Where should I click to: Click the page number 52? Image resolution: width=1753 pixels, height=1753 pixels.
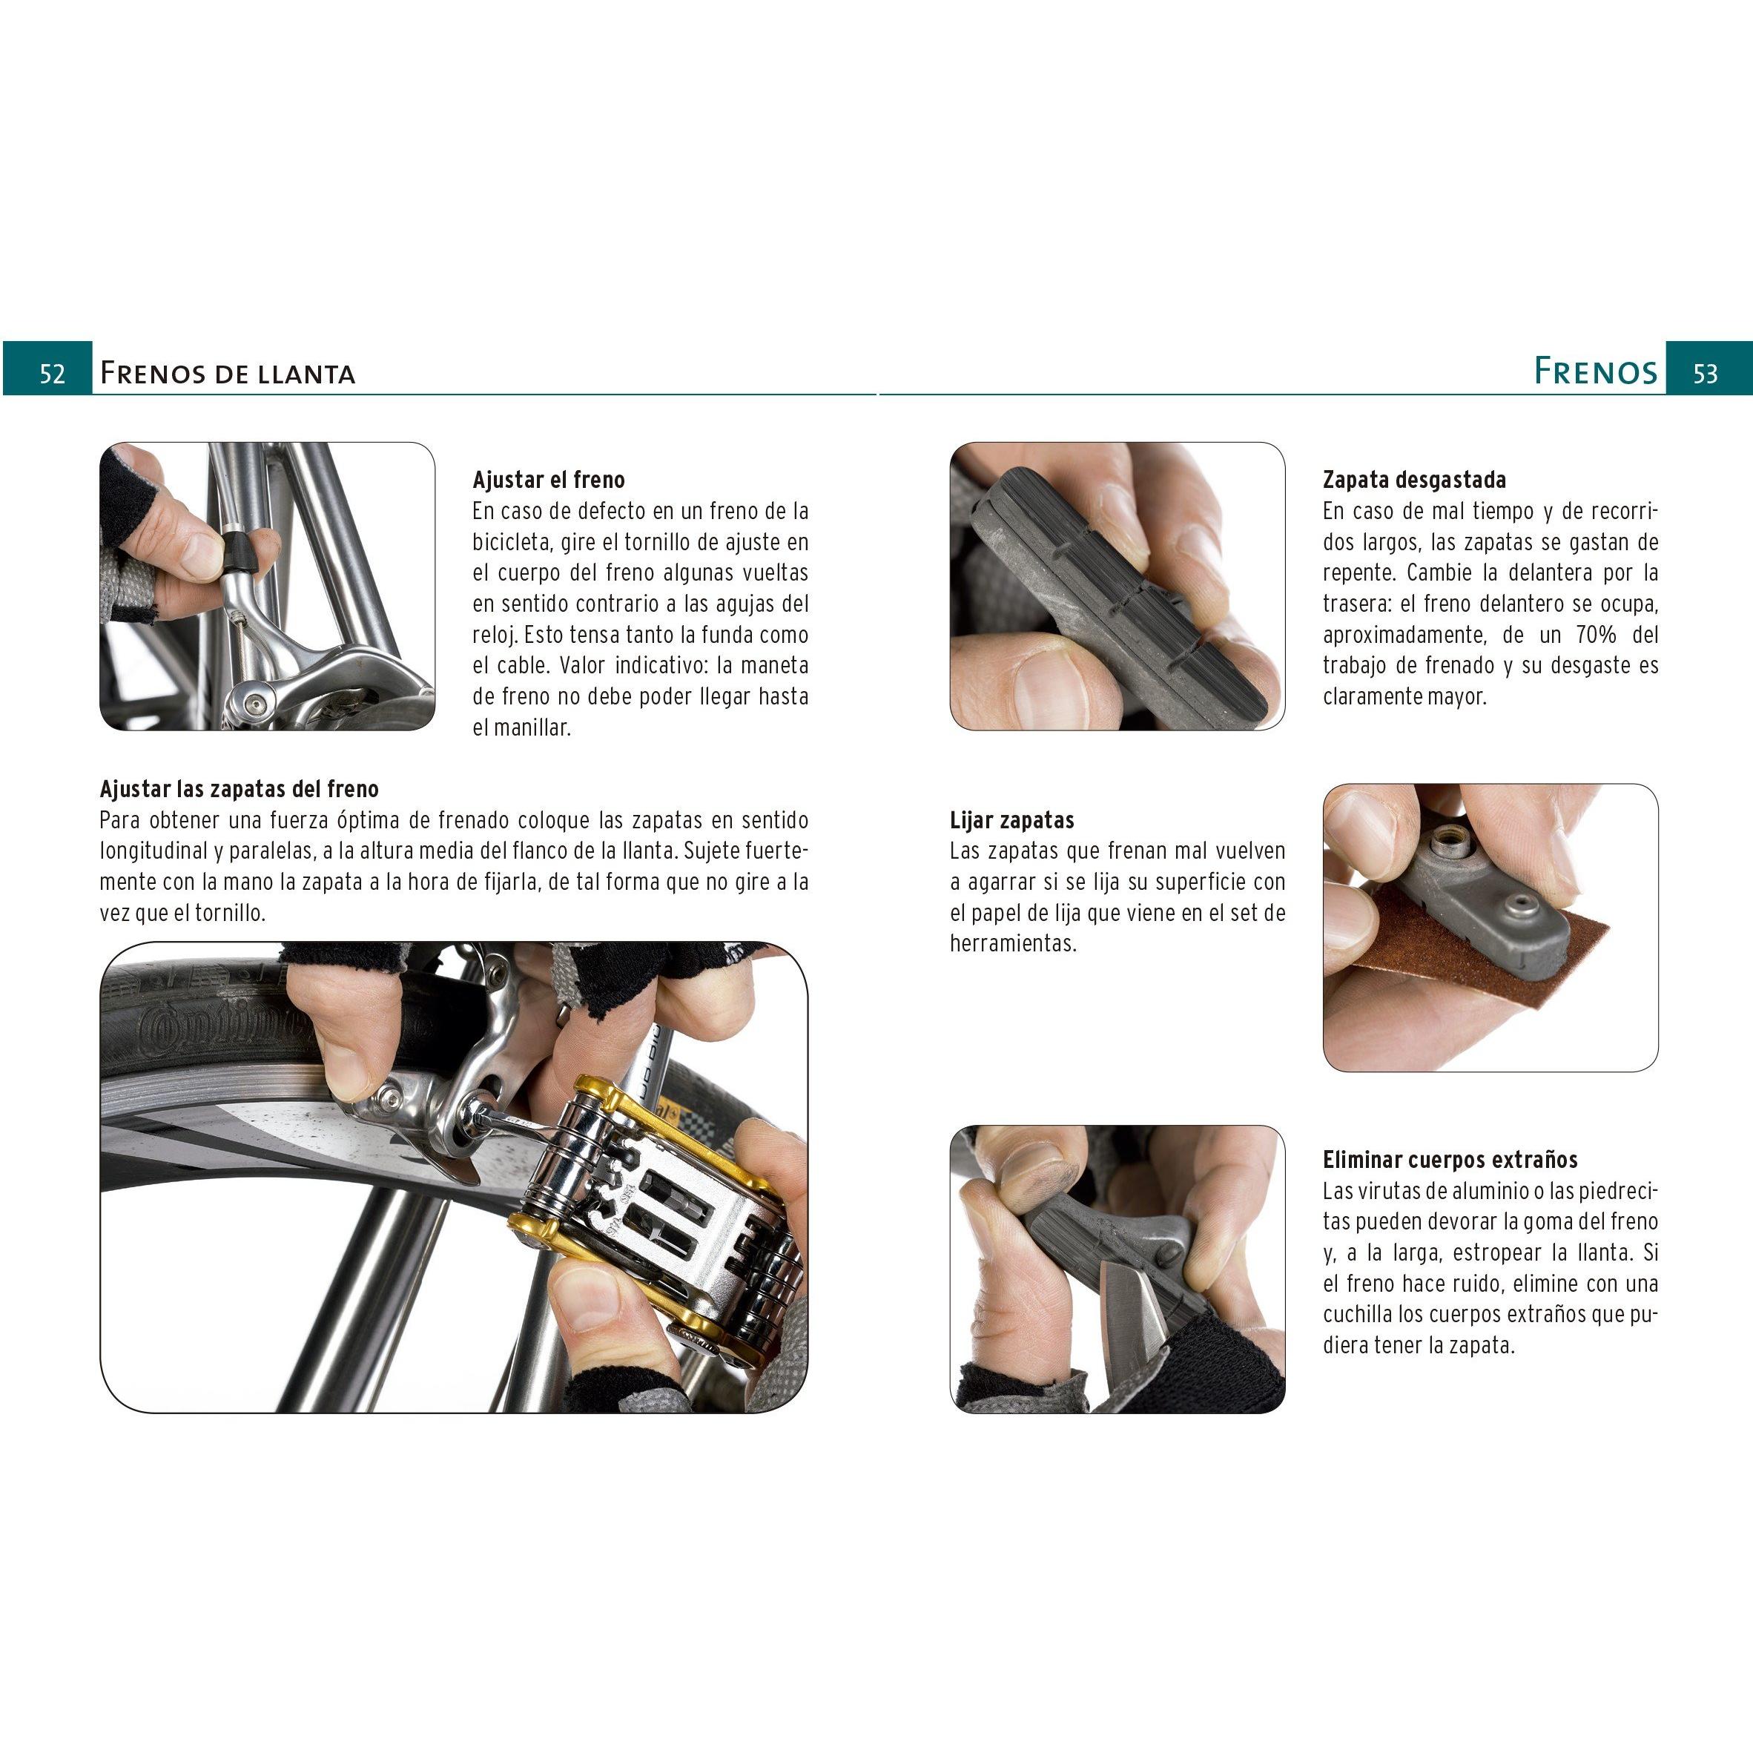pos(52,374)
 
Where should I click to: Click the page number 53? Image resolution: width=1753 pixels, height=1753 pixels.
pos(1705,374)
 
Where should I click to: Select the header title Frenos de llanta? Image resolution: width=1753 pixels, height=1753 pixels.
pos(227,373)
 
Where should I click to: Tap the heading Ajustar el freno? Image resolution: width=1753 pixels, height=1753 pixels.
pos(548,480)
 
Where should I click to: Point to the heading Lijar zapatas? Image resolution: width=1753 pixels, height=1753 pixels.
pos(1011,820)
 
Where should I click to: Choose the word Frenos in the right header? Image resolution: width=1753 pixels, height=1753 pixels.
pos(1595,371)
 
